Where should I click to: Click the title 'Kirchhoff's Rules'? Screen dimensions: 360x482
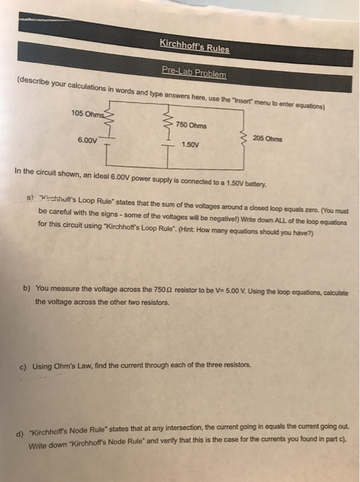click(x=195, y=48)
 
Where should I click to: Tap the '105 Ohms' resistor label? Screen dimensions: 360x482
click(x=88, y=113)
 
